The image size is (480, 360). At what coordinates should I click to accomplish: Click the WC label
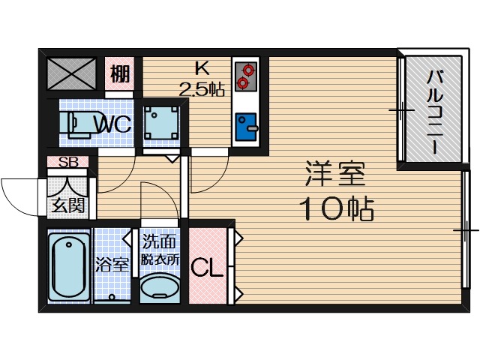point(113,123)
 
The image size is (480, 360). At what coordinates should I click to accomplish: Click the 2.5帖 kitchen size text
point(201,89)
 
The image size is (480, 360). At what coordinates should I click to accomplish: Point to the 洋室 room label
point(335,174)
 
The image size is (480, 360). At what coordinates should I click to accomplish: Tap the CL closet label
point(206,268)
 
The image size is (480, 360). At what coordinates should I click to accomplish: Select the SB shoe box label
point(68,162)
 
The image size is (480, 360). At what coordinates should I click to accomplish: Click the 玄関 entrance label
point(67,205)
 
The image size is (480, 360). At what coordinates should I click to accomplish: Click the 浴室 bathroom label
point(112,264)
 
